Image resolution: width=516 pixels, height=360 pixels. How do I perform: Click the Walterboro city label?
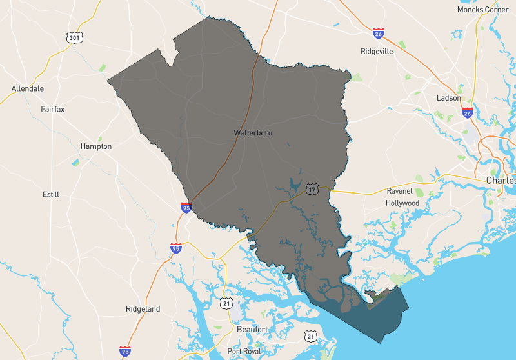pos(253,132)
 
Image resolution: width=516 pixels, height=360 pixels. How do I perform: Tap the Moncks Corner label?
pos(482,10)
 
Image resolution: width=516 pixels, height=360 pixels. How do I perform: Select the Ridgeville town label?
pos(377,52)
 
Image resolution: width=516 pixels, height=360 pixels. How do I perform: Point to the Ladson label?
pos(449,98)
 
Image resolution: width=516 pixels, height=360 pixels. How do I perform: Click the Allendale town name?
pos(28,88)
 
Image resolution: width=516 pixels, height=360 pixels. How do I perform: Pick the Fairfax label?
pos(53,110)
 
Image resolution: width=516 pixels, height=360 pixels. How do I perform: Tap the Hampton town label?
pos(96,146)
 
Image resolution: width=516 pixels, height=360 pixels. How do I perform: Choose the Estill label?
pos(51,194)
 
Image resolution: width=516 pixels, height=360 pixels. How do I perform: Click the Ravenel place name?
pos(399,191)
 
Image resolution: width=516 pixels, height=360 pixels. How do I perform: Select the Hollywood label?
pos(402,203)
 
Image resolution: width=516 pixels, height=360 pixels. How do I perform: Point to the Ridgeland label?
pos(143,309)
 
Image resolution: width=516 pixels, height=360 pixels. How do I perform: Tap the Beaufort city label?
pos(252,329)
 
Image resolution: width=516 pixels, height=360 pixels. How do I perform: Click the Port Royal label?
pos(243,351)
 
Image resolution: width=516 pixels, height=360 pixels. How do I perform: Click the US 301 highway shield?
pos(73,38)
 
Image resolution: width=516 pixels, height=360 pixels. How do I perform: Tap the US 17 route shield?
pos(312,189)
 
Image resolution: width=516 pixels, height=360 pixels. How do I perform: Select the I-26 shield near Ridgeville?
pos(379,33)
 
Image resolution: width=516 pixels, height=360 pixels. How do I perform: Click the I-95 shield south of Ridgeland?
pos(125,351)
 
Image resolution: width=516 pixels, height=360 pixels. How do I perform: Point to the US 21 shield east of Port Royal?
pos(311,337)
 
